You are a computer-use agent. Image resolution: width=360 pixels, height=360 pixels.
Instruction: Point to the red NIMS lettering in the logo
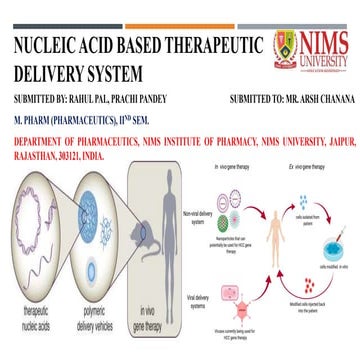(325, 42)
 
